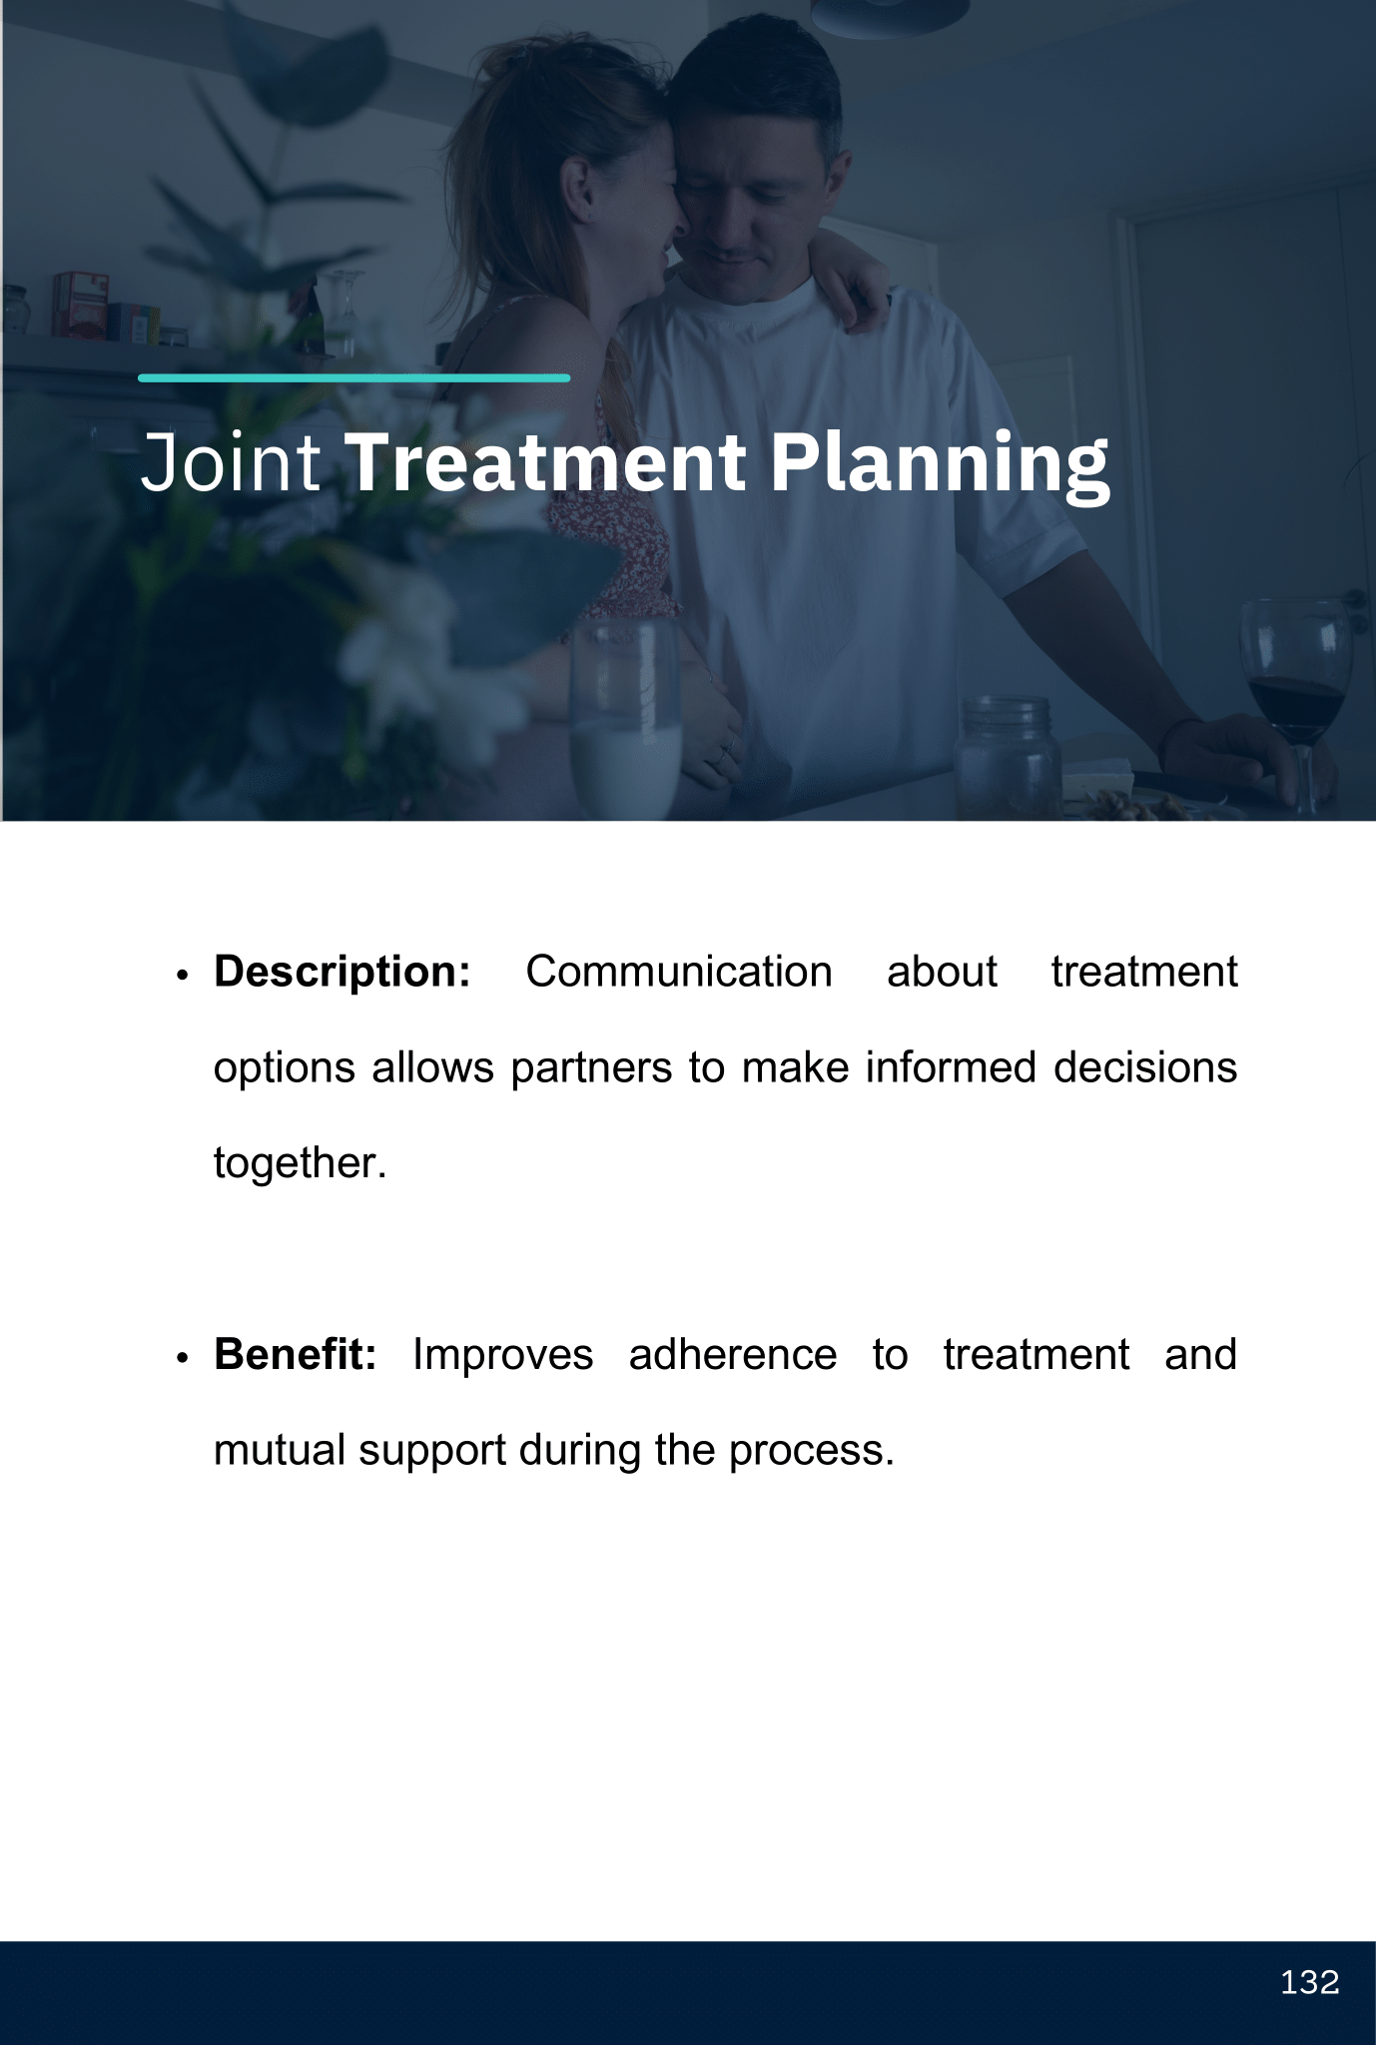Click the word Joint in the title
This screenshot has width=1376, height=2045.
point(231,462)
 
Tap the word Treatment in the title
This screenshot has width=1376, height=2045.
point(545,462)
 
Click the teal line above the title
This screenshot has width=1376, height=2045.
point(354,378)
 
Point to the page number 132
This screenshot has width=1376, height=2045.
point(1309,1982)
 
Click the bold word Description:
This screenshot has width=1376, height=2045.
point(343,972)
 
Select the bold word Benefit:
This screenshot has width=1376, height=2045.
point(296,1354)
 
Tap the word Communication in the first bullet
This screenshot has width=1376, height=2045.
point(679,972)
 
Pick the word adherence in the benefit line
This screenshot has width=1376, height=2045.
point(733,1355)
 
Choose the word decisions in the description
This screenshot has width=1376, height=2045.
point(1145,1067)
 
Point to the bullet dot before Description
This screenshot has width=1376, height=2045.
point(182,975)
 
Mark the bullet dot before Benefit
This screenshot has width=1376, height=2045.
point(182,1358)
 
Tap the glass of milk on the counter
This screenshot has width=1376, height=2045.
point(626,719)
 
